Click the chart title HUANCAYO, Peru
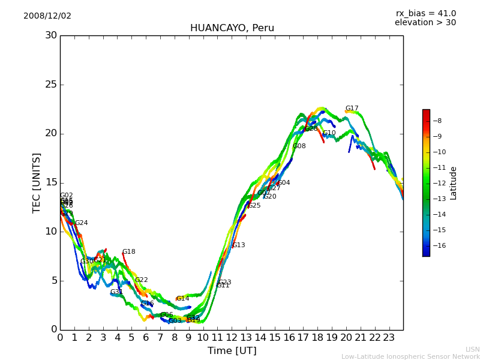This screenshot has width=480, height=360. pyautogui.click(x=232, y=28)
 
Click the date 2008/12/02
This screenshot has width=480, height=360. pyautogui.click(x=47, y=16)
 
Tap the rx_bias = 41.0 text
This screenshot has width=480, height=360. pyautogui.click(x=425, y=14)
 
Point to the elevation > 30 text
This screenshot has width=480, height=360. pyautogui.click(x=425, y=23)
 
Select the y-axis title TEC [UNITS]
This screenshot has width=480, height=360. pyautogui.click(x=37, y=182)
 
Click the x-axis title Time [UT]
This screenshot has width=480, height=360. pyautogui.click(x=232, y=351)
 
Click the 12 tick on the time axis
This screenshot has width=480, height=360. pyautogui.click(x=232, y=338)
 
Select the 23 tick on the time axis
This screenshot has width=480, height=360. pyautogui.click(x=389, y=338)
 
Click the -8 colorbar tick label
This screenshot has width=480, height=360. pyautogui.click(x=438, y=121)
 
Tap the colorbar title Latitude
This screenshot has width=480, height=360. pyautogui.click(x=454, y=183)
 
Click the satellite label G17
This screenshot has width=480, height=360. pyautogui.click(x=352, y=109)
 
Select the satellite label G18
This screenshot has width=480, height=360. pyautogui.click(x=128, y=252)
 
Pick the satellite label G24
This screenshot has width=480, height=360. pyautogui.click(x=81, y=223)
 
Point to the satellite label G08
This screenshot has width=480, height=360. pyautogui.click(x=299, y=146)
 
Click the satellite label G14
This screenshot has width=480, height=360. pyautogui.click(x=182, y=299)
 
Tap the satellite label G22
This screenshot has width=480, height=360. pyautogui.click(x=141, y=280)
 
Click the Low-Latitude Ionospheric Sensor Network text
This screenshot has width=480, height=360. pyautogui.click(x=410, y=357)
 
